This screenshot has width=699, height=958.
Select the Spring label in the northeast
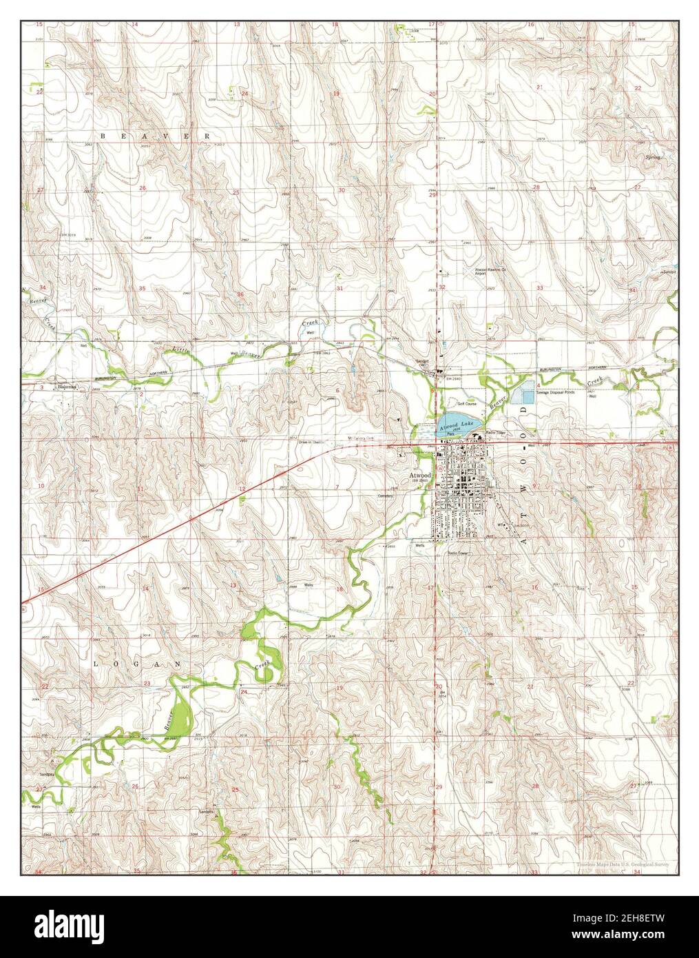click(653, 157)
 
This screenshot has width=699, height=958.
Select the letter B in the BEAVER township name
click(103, 137)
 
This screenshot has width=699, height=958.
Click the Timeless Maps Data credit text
click(627, 863)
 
